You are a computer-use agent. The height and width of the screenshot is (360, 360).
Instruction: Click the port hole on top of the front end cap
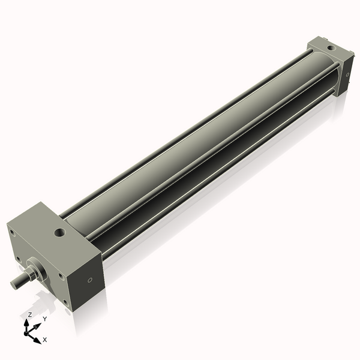click(59, 232)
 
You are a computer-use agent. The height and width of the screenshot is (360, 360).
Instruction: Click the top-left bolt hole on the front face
click(13, 233)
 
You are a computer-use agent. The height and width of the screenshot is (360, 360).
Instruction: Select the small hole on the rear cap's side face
click(346, 74)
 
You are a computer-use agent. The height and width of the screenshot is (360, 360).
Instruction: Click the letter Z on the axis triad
click(29, 314)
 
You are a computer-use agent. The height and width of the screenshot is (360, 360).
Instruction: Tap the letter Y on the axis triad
click(44, 319)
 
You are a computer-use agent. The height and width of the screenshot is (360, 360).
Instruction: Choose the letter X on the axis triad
click(45, 340)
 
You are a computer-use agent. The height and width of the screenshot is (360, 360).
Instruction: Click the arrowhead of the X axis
click(37, 339)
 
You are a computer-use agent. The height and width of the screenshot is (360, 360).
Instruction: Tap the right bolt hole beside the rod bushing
click(60, 277)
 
